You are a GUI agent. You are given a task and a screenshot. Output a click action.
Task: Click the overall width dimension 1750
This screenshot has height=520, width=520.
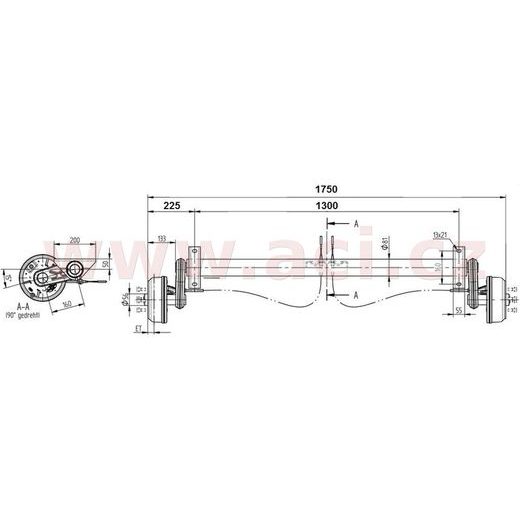click(324, 188)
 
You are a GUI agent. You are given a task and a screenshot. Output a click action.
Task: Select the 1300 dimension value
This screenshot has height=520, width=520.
click(324, 205)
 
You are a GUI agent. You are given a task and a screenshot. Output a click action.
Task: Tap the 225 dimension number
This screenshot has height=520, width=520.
click(170, 205)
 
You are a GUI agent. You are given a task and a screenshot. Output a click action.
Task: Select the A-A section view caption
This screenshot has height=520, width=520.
click(22, 305)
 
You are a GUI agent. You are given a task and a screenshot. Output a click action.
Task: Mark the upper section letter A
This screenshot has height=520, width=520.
click(357, 226)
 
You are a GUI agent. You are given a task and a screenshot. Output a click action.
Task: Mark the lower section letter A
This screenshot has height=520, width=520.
click(357, 296)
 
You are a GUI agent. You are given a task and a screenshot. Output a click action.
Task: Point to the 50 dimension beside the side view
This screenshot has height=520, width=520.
click(105, 266)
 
